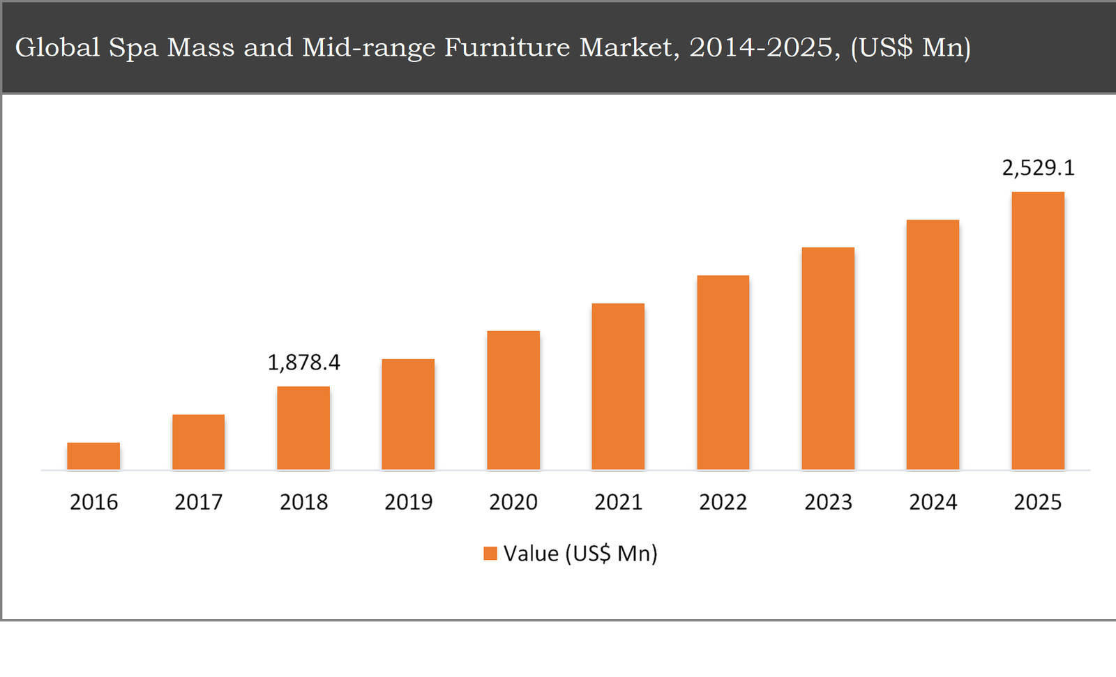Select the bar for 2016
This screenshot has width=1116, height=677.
pyautogui.click(x=93, y=456)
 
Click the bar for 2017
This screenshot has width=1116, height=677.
pyautogui.click(x=199, y=442)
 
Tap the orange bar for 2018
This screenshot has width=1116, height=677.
pyautogui.click(x=303, y=428)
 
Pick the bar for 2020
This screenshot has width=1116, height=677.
pyautogui.click(x=513, y=400)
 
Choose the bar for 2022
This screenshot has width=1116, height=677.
pyautogui.click(x=723, y=372)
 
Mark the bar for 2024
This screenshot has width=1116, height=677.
pyautogui.click(x=933, y=344)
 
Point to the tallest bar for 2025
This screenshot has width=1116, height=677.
pyautogui.click(x=1038, y=330)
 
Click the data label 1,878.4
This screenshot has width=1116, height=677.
pyautogui.click(x=304, y=363)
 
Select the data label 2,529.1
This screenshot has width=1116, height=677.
pyautogui.click(x=1038, y=168)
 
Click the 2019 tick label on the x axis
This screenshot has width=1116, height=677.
pyautogui.click(x=409, y=502)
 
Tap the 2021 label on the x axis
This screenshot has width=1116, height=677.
pyautogui.click(x=618, y=502)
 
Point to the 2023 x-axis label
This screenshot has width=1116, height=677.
pyautogui.click(x=828, y=502)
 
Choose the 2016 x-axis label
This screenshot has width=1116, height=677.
pyautogui.click(x=93, y=502)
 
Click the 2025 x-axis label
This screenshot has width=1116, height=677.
pyautogui.click(x=1038, y=502)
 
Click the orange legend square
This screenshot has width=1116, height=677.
pyautogui.click(x=490, y=554)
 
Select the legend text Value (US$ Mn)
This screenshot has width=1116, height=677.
pyautogui.click(x=580, y=554)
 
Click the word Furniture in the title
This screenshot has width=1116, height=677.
pyautogui.click(x=507, y=47)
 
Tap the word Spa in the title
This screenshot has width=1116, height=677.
pyautogui.click(x=134, y=47)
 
